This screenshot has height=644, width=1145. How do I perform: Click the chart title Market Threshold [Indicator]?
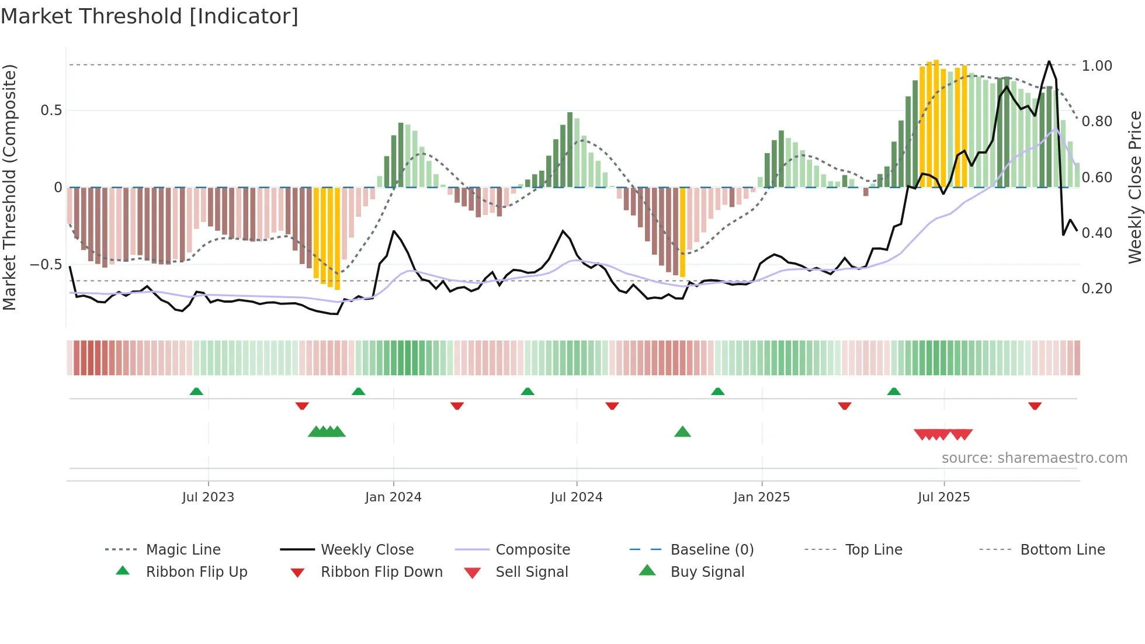pyautogui.click(x=150, y=16)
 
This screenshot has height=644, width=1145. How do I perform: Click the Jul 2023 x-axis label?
pyautogui.click(x=208, y=497)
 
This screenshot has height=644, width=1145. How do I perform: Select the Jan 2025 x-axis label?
pyautogui.click(x=761, y=497)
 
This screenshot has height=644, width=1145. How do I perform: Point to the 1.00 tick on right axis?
pyautogui.click(x=1097, y=66)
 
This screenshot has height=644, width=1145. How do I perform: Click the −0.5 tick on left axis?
pyautogui.click(x=46, y=265)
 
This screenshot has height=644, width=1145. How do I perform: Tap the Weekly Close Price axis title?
pyautogui.click(x=1134, y=187)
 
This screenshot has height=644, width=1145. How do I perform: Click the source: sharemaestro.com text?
pyautogui.click(x=1034, y=458)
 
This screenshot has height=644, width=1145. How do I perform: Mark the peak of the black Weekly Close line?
pyautogui.click(x=1049, y=61)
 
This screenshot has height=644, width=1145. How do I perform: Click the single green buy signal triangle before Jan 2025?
pyautogui.click(x=682, y=432)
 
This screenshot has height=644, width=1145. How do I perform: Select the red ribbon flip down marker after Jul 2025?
pyautogui.click(x=1035, y=406)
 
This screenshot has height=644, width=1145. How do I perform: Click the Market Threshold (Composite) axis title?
pyautogui.click(x=9, y=187)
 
